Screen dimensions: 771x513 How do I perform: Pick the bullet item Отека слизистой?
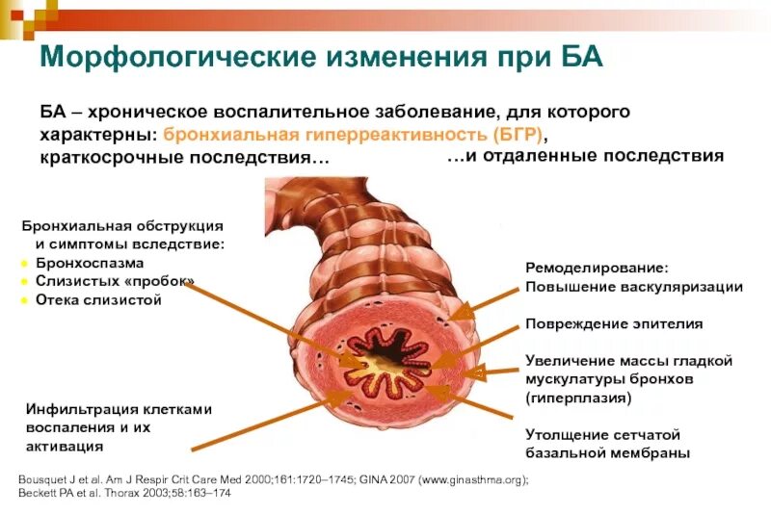98,299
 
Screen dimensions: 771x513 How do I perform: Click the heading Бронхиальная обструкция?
122,225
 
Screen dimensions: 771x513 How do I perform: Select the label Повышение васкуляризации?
633,286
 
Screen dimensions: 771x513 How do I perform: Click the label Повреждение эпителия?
613,323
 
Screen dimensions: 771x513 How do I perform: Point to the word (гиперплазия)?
578,396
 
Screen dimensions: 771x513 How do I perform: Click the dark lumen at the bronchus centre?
390,364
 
